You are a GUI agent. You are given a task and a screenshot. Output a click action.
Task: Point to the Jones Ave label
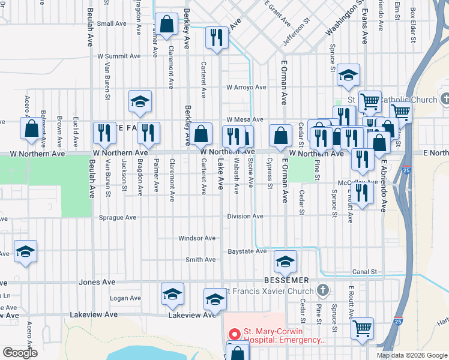tap(97, 282)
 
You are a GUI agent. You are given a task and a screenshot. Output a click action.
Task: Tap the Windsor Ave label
tap(196, 238)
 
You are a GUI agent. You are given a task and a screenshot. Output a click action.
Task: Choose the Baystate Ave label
tap(246, 251)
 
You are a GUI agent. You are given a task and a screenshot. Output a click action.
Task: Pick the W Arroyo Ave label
tap(246, 87)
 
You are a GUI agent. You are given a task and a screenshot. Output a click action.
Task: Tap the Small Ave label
tap(113, 24)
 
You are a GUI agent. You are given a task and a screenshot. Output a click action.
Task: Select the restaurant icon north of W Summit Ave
tap(216, 38)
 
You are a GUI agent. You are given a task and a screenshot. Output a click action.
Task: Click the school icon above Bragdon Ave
tap(139, 101)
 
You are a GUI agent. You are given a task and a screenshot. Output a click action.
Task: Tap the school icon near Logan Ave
tap(172, 294)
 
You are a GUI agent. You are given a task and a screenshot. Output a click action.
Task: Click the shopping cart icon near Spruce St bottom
tap(362, 329)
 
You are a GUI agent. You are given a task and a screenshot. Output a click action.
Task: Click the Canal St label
tap(364, 272)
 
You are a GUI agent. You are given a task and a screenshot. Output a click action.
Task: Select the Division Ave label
tap(245, 217)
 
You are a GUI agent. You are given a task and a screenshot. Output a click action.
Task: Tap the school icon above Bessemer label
tap(285, 261)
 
